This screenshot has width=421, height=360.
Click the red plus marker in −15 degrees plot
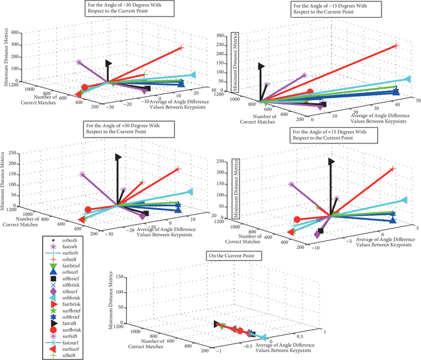pyautogui.click(x=397, y=45)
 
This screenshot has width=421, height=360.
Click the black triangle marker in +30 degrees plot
pyautogui.click(x=119, y=157)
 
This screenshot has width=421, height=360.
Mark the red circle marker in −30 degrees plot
pyautogui.click(x=84, y=88)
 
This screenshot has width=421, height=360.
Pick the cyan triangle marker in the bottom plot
pyautogui.click(x=261, y=338)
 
